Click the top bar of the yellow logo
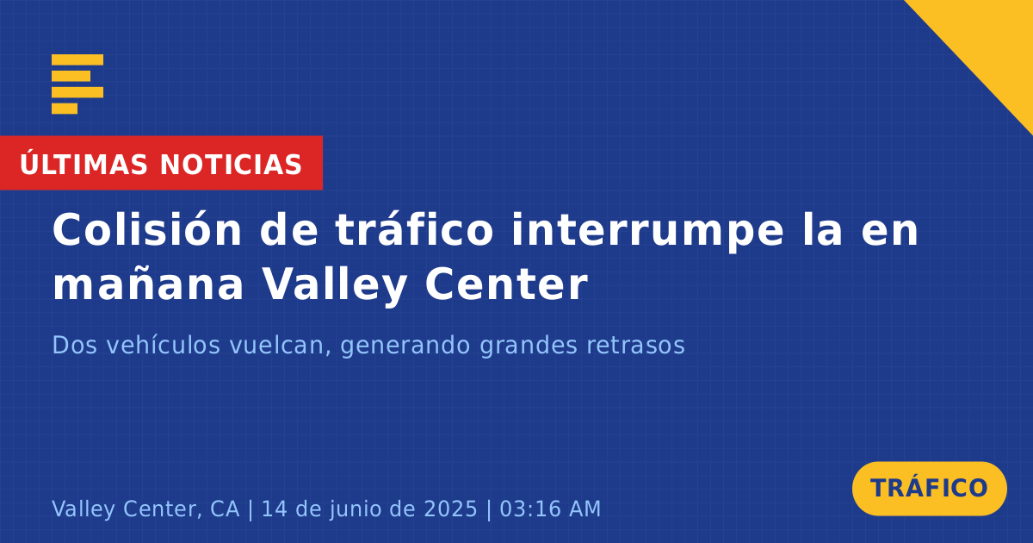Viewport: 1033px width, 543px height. pos(77,59)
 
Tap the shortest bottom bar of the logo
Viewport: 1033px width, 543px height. pos(65,109)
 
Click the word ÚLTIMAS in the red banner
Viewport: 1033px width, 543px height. pos(84,164)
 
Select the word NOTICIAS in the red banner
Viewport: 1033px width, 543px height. pos(231,165)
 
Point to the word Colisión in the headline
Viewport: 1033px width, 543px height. pos(147,229)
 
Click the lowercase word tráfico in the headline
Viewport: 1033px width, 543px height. pos(414,229)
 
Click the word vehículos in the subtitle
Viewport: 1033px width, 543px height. pos(164,345)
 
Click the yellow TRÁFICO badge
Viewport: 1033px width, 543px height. pos(929,489)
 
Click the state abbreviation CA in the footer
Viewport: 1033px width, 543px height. pos(225,509)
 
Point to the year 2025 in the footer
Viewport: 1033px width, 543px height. pos(450,509)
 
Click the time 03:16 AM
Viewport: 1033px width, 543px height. pos(550,509)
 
